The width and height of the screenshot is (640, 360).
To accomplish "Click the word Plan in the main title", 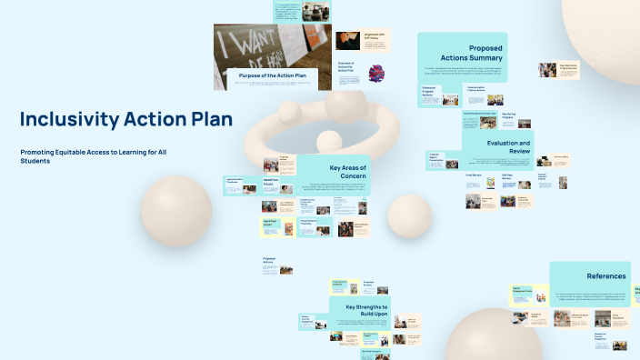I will [x=209, y=119].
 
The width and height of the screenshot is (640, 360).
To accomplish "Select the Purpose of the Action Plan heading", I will [x=271, y=75].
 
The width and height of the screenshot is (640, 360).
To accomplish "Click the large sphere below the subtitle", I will [x=175, y=211].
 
